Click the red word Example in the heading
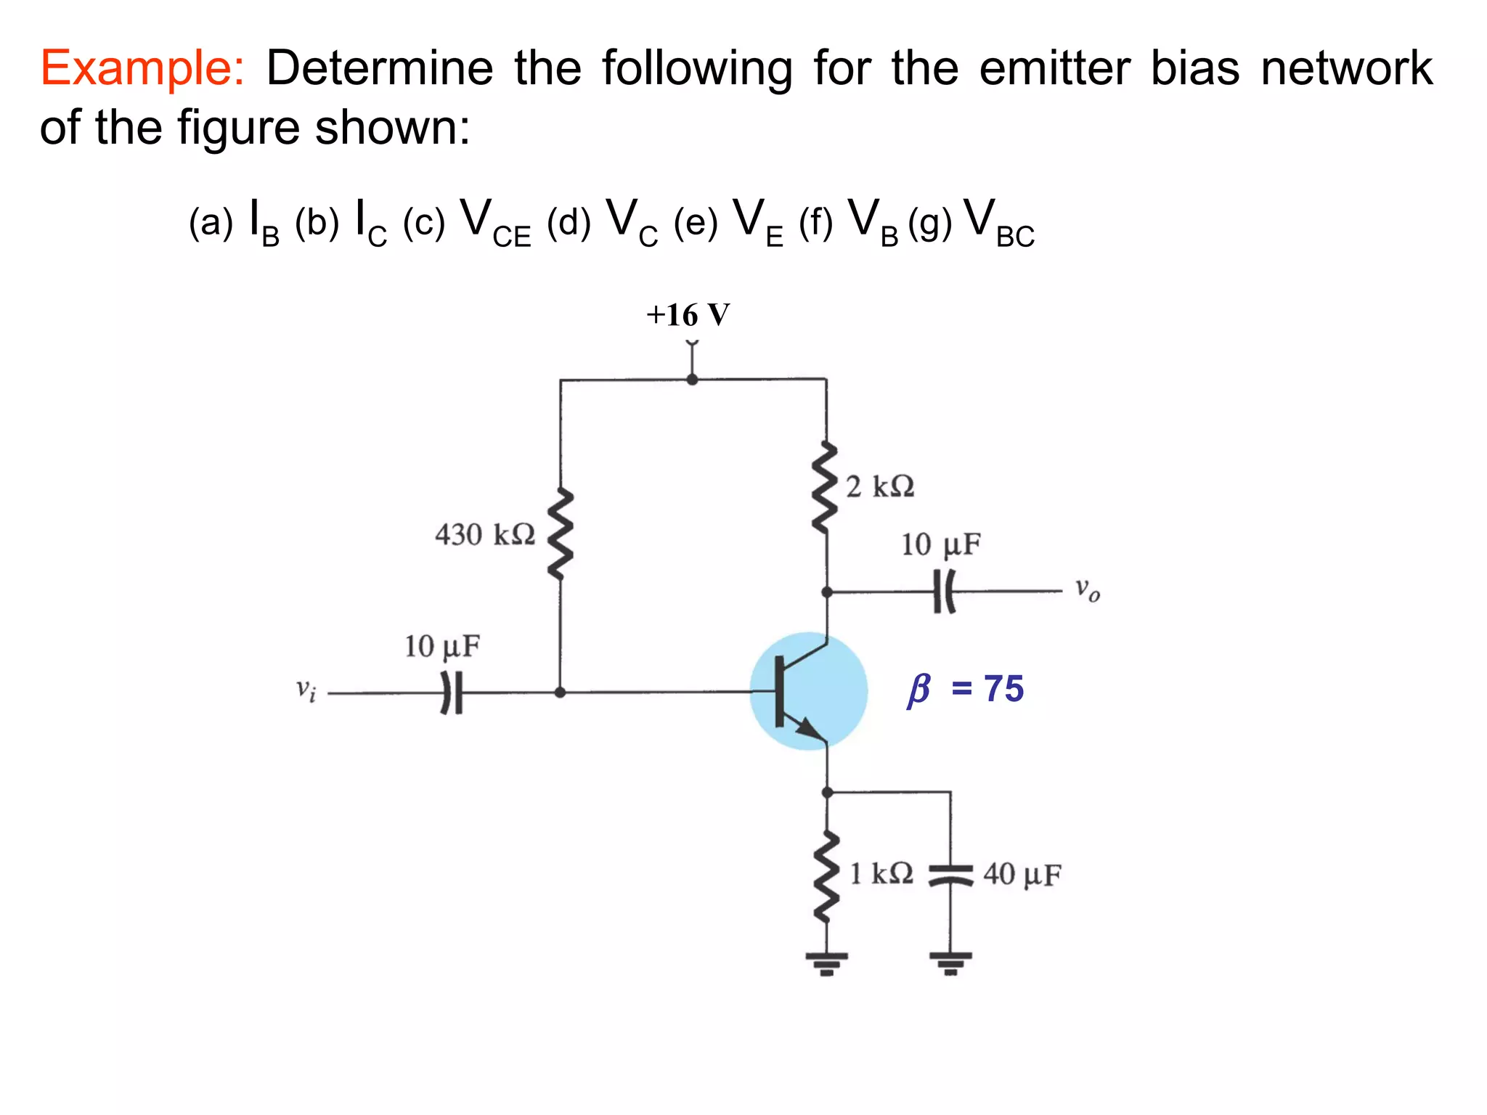[x=142, y=70]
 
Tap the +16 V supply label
[x=688, y=315]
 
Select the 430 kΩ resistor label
[x=484, y=535]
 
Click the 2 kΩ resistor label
[x=880, y=486]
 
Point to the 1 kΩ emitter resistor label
[x=881, y=873]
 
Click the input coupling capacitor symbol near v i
[x=452, y=693]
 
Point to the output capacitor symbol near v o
[x=944, y=592]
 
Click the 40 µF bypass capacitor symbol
[x=950, y=875]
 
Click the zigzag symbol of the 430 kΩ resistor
[x=560, y=534]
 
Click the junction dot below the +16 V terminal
[x=692, y=379]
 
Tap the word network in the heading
[x=1347, y=70]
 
